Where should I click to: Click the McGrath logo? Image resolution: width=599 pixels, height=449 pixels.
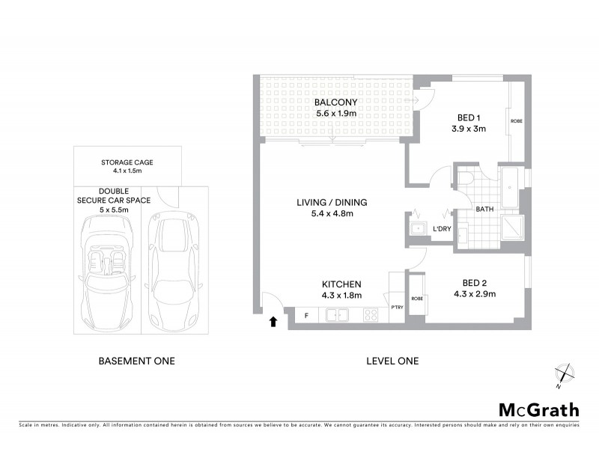538,409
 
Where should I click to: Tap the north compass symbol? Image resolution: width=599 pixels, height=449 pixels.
564,375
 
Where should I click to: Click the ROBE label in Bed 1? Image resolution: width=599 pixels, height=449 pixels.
516,121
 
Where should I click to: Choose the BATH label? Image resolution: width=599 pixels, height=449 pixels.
484,210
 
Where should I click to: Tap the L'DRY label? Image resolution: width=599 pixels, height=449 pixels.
442,228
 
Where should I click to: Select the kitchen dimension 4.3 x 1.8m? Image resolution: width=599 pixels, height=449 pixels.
341,296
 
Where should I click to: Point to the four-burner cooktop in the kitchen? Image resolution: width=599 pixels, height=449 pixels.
370,316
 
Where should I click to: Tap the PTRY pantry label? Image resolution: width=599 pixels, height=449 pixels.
396,307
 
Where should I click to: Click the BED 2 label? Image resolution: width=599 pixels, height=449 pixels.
475,282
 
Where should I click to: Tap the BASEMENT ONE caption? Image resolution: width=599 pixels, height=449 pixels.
137,361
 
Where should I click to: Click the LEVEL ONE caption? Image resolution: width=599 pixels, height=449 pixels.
392,361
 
